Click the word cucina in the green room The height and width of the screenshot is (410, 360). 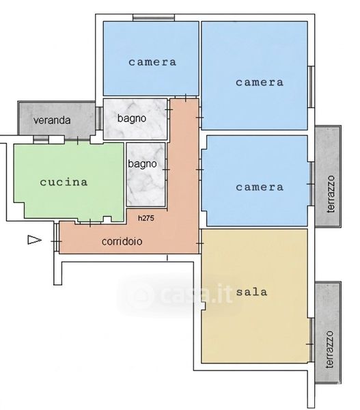coord(64,182)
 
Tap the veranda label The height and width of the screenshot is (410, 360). coord(52,120)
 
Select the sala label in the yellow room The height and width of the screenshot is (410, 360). coord(252,292)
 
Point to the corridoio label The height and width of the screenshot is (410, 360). coord(122,241)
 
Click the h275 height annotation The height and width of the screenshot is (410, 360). coord(146,218)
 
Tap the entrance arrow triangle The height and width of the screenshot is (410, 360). coord(34,240)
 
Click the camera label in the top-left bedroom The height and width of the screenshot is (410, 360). coord(152,62)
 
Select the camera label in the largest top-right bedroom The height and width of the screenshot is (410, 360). coord(260,83)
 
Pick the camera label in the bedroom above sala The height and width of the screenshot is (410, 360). coord(260,187)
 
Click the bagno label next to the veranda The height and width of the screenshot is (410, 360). coord(132,118)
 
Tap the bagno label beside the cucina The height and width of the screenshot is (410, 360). coord(142,164)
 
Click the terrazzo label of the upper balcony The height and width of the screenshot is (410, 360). coord(331,194)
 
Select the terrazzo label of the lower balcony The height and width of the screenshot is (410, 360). coord(330,350)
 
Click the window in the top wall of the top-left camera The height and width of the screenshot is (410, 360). coord(154,18)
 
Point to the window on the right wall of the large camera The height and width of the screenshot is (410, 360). coord(311,87)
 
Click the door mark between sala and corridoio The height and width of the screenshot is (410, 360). coord(200,243)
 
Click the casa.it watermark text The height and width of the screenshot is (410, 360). coord(180,295)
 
